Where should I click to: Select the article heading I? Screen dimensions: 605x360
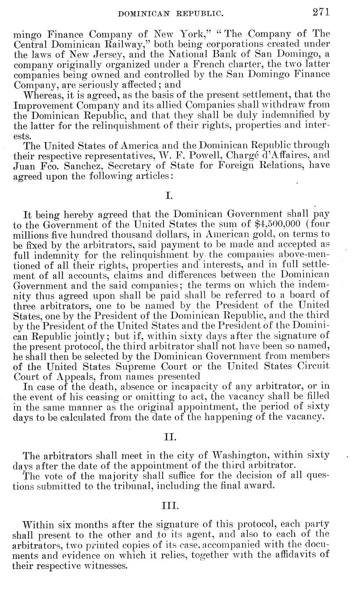169,196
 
